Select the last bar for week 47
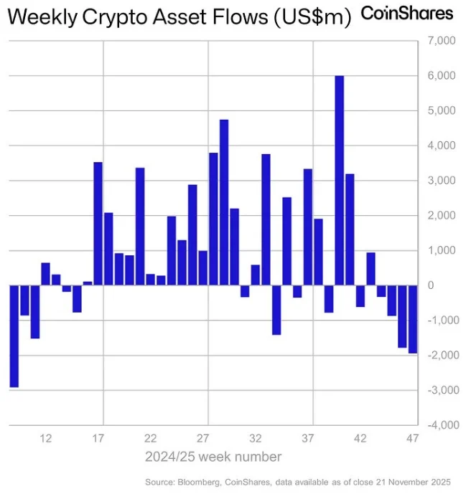pyautogui.click(x=413, y=319)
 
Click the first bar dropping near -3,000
pyautogui.click(x=14, y=336)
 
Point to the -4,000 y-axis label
pyautogui.click(x=439, y=425)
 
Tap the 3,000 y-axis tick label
pyautogui.click(x=440, y=181)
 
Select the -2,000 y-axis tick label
pyautogui.click(x=439, y=356)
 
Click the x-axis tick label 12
pyautogui.click(x=46, y=438)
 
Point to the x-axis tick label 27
pyautogui.click(x=203, y=438)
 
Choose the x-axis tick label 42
pyautogui.click(x=360, y=438)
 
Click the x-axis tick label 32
pyautogui.click(x=256, y=438)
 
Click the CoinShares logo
pyautogui.click(x=406, y=13)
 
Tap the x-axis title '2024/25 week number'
pyautogui.click(x=213, y=457)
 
